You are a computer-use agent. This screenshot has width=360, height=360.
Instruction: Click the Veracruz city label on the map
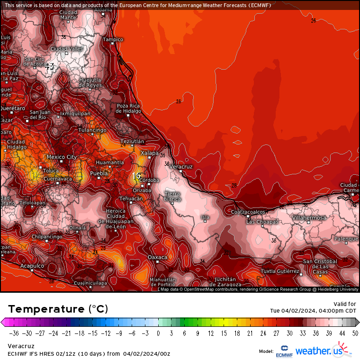click(180, 167)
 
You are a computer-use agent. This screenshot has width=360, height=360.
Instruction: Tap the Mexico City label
click(62, 157)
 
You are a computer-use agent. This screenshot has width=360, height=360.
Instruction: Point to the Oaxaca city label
click(158, 257)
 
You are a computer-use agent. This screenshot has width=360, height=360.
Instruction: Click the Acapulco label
click(32, 266)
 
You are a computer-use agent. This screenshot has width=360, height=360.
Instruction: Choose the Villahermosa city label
click(308, 217)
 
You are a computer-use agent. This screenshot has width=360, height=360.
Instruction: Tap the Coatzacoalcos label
click(248, 212)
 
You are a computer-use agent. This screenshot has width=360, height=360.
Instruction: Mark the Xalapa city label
click(150, 153)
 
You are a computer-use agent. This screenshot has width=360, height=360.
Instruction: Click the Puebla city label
click(99, 173)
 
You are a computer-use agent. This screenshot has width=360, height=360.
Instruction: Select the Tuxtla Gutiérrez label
click(280, 271)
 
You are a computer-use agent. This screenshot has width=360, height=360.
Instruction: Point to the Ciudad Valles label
click(67, 49)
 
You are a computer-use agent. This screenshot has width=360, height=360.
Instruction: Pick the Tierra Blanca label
click(172, 196)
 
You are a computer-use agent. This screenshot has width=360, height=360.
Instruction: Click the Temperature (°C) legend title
click(58, 309)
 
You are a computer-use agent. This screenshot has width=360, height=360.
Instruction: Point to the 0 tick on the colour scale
click(158, 333)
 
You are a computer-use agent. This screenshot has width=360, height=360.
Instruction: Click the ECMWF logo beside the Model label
click(284, 352)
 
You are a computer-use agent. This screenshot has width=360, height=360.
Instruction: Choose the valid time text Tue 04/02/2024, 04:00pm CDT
click(313, 311)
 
